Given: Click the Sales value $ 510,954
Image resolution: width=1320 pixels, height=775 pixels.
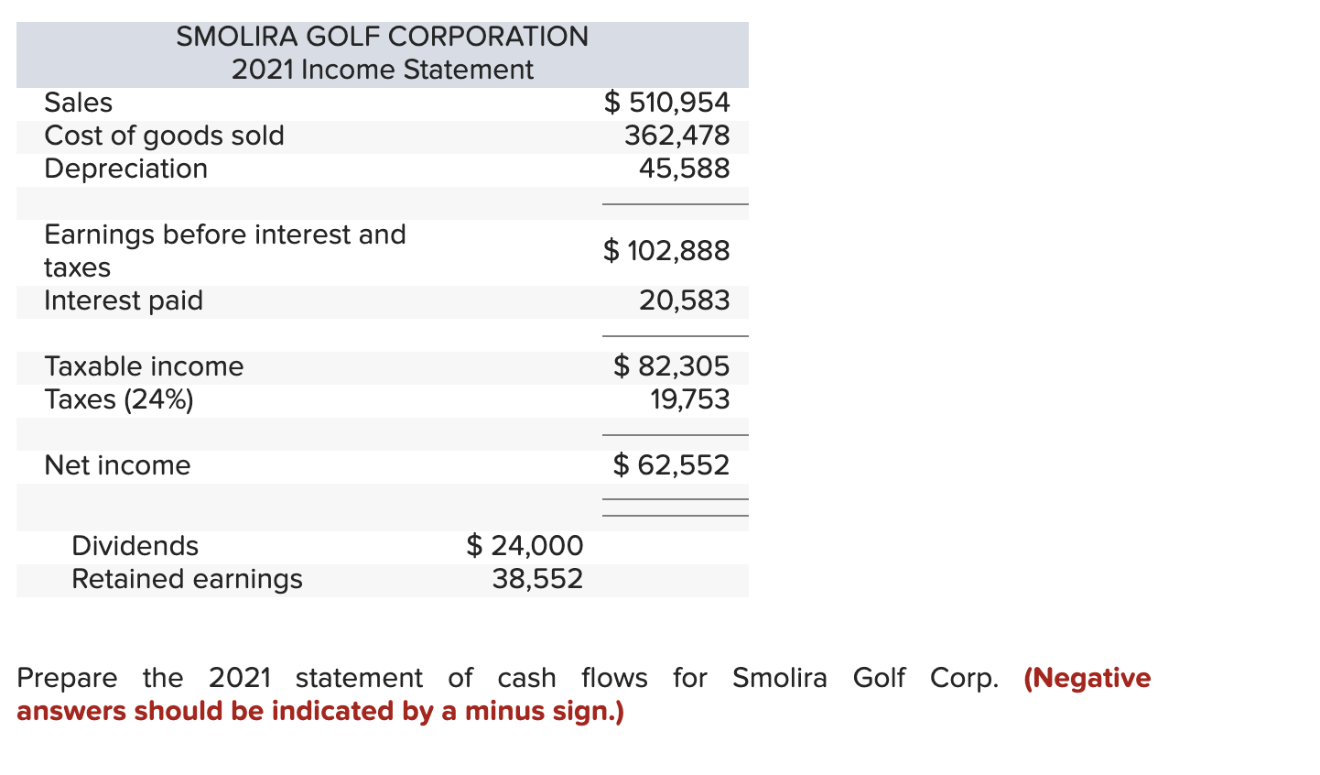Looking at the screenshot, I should click(x=666, y=103).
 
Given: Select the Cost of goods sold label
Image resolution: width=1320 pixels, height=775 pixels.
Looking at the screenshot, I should click(x=164, y=136).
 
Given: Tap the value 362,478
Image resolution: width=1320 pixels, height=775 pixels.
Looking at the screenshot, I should click(x=676, y=136).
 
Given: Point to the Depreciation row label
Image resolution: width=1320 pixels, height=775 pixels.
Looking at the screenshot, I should click(x=125, y=169).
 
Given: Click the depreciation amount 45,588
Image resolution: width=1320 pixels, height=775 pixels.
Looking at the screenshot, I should click(x=684, y=169).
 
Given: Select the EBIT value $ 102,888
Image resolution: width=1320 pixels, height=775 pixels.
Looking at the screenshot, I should click(x=666, y=250).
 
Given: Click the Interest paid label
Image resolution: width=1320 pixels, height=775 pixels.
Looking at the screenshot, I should click(x=124, y=300).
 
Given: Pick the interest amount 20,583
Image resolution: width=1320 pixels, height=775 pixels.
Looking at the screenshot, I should click(x=684, y=300).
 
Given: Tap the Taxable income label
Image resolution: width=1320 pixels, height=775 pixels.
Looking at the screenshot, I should click(x=144, y=366).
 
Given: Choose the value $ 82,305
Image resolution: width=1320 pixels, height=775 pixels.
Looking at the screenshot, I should click(x=671, y=366).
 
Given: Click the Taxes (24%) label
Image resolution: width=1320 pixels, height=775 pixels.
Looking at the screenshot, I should click(x=119, y=399).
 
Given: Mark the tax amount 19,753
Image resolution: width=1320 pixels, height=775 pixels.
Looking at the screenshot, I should click(x=689, y=399).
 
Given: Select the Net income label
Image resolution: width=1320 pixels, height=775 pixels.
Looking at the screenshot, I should click(x=117, y=465).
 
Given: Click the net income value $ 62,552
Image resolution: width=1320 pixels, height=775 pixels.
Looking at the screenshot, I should click(x=671, y=465).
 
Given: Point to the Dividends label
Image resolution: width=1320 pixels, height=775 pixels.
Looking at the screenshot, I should click(x=135, y=546).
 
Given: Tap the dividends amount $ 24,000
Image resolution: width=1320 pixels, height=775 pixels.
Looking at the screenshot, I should click(x=525, y=546).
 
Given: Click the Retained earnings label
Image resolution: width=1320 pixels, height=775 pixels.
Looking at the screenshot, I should click(x=187, y=579).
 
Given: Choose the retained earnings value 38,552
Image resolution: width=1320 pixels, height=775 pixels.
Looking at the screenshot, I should click(x=537, y=579).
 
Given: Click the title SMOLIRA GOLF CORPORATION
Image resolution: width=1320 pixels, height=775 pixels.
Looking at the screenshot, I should click(x=382, y=37).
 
